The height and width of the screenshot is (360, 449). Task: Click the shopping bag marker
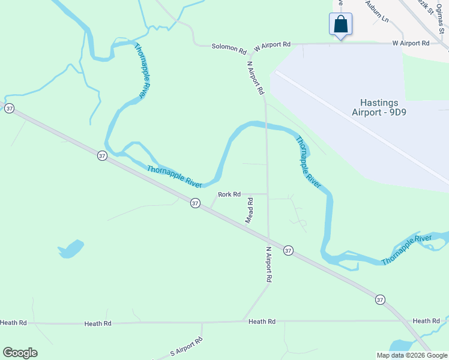click(x=340, y=25)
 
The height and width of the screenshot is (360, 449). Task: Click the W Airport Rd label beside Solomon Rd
click(x=272, y=44)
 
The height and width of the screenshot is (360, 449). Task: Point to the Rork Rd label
click(x=229, y=194)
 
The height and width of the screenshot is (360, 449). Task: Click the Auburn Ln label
click(x=378, y=12)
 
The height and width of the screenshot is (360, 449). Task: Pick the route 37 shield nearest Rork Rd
click(x=195, y=203)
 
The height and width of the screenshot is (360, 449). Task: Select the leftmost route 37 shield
click(x=9, y=109)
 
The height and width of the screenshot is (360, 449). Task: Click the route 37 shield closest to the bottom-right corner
click(x=380, y=299)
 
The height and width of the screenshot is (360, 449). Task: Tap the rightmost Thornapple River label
click(x=406, y=250)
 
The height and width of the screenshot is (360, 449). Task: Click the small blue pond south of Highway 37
click(x=71, y=248)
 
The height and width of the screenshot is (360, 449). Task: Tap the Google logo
click(x=20, y=353)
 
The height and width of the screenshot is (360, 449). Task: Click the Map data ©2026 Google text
click(x=412, y=355)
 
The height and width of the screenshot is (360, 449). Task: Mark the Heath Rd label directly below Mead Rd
click(x=262, y=322)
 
